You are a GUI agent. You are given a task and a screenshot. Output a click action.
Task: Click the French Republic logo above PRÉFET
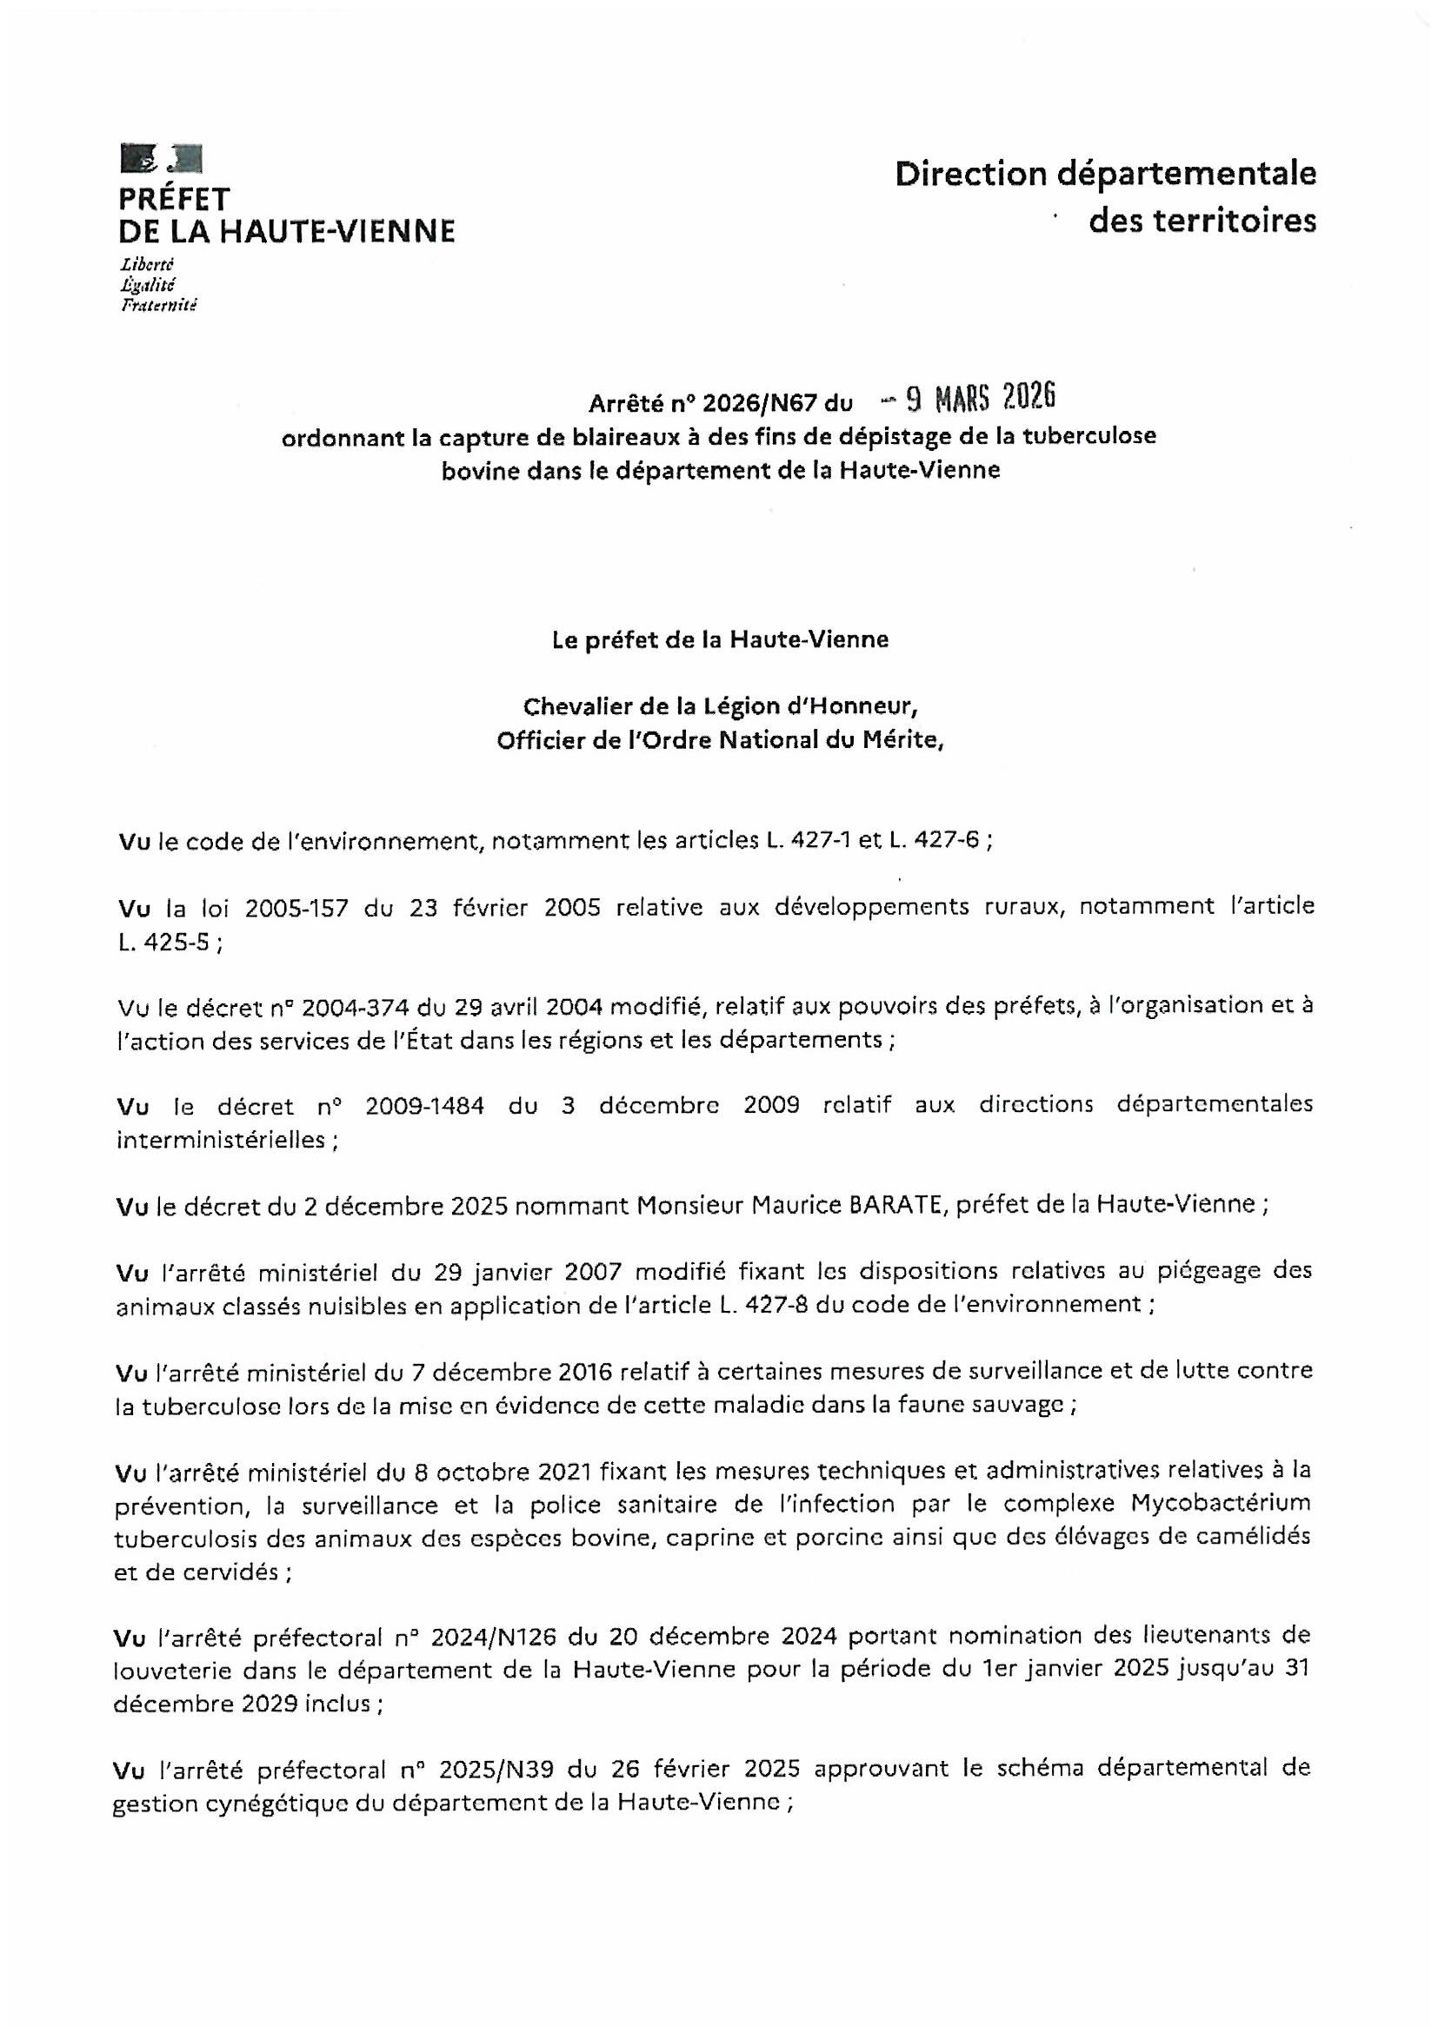[161, 158]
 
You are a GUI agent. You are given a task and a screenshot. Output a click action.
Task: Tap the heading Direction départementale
[1105, 175]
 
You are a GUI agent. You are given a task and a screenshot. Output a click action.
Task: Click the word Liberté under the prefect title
[147, 265]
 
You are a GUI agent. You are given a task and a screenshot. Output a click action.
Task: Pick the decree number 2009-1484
[423, 1105]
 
